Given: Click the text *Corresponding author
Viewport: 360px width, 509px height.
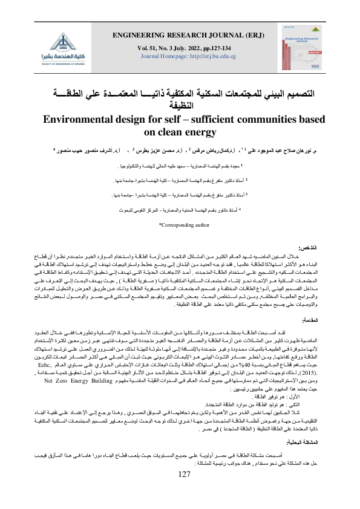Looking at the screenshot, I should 180,225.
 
